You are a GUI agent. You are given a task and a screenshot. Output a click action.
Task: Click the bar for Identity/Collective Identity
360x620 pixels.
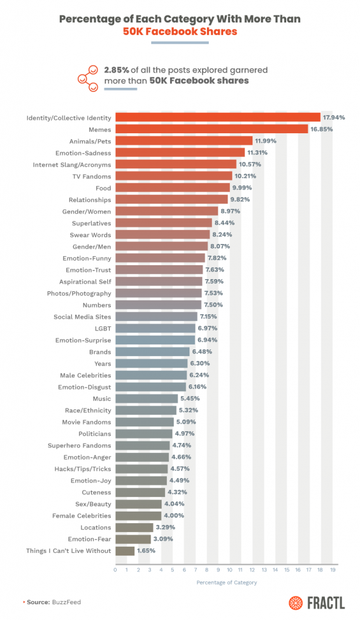(x=218, y=117)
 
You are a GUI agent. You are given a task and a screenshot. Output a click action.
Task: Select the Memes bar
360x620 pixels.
(x=211, y=129)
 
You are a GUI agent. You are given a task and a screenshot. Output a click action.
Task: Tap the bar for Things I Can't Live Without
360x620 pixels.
(x=125, y=551)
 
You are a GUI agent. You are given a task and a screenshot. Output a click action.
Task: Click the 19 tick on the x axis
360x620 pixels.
(x=333, y=570)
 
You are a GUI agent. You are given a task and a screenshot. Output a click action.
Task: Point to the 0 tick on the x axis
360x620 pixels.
(x=116, y=570)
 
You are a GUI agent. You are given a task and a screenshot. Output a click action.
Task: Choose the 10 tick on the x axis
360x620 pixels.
(x=230, y=570)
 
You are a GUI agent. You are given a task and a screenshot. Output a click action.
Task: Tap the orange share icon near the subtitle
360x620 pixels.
(x=88, y=77)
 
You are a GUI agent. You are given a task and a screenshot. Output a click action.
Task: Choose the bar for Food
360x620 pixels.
(x=172, y=188)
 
